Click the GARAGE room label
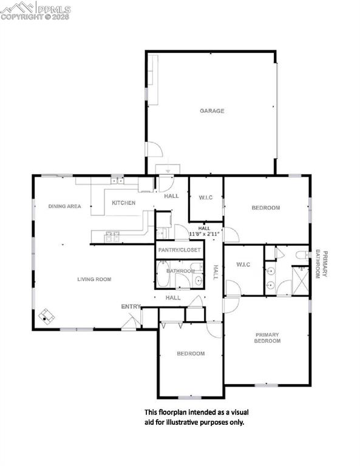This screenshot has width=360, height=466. pos(212,111)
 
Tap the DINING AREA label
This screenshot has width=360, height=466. pos(64,206)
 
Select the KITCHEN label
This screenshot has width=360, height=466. pos(123,203)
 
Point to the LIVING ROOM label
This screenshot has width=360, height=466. pos(94,280)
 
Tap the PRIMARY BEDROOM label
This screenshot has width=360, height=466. pos(267,337)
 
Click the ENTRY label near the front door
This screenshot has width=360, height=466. pos(131,306)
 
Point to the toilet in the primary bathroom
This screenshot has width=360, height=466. pos(301,255)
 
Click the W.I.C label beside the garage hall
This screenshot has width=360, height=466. pos(205,197)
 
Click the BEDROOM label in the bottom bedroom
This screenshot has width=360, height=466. pos(191,354)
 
